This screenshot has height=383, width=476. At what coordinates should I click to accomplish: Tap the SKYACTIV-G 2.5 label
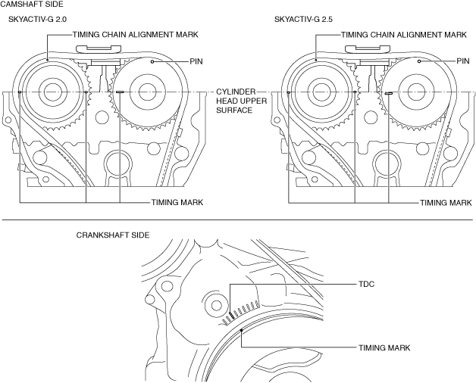pos(303,19)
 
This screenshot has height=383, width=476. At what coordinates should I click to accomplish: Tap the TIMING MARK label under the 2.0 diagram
pos(177,203)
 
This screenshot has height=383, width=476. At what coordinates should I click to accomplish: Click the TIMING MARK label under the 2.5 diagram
pos(446,203)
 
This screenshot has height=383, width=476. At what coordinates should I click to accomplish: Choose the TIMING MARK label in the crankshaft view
pos(384,347)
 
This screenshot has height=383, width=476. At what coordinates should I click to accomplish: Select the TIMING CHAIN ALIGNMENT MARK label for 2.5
pos(404,35)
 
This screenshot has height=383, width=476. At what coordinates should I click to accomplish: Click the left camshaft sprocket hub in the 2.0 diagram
pos(51,92)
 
